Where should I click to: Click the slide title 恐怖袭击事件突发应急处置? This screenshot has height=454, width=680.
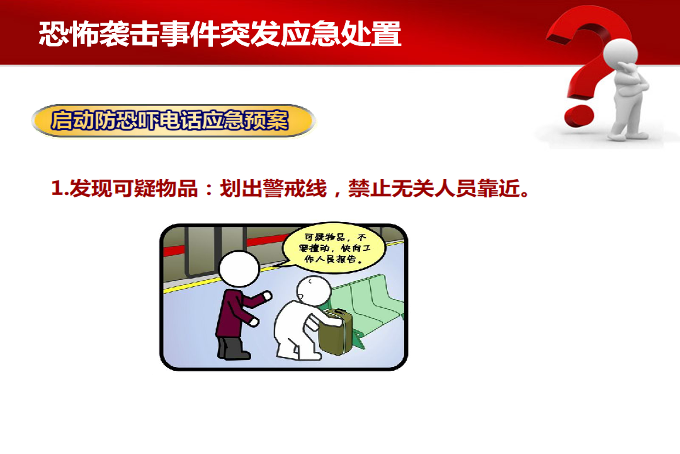(220, 34)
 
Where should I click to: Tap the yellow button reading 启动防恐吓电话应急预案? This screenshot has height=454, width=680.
(174, 120)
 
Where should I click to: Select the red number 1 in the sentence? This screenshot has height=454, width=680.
(57, 189)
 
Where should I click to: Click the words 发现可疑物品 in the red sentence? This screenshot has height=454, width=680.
(133, 189)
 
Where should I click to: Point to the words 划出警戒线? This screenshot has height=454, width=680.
(273, 189)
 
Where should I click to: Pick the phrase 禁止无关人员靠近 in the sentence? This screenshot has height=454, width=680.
(434, 189)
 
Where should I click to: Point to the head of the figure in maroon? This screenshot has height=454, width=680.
(239, 269)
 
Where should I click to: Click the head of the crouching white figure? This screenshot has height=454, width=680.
(313, 290)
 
